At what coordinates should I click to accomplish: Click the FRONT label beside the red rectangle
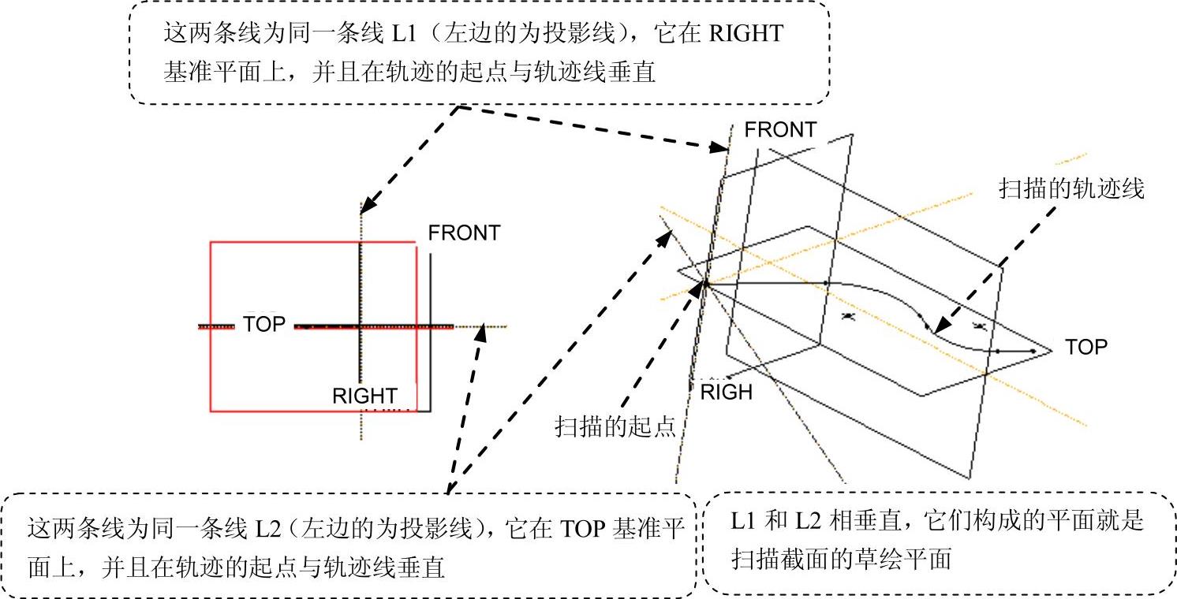pyautogui.click(x=464, y=233)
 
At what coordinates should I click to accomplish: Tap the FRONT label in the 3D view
pyautogui.click(x=780, y=130)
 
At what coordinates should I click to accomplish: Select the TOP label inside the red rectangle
pyautogui.click(x=264, y=324)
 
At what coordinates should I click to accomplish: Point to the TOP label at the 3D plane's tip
pyautogui.click(x=1086, y=347)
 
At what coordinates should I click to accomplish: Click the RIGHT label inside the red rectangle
pyautogui.click(x=364, y=396)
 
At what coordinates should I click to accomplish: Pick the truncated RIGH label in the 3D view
pyautogui.click(x=727, y=392)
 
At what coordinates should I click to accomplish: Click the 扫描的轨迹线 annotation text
pyautogui.click(x=1071, y=189)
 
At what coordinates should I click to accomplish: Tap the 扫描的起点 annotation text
pyautogui.click(x=616, y=427)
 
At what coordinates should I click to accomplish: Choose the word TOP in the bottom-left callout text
pyautogui.click(x=584, y=527)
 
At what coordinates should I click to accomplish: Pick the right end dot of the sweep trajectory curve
pyautogui.click(x=1033, y=351)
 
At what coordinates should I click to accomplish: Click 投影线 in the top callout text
pyautogui.click(x=606, y=34)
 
